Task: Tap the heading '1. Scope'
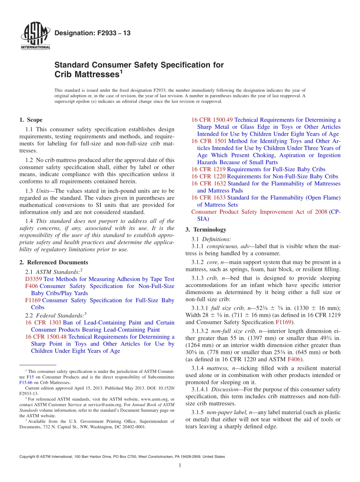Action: click(x=31, y=120)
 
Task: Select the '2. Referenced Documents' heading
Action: click(x=53, y=262)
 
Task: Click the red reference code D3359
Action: click(x=33, y=279)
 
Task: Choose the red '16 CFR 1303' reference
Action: click(x=43, y=322)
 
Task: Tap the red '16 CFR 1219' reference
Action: click(x=208, y=169)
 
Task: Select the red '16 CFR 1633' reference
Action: click(x=208, y=197)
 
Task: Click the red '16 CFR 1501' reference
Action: click(x=208, y=141)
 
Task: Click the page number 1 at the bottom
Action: click(x=180, y=466)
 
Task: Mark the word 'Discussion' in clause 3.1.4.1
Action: click(x=224, y=390)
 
